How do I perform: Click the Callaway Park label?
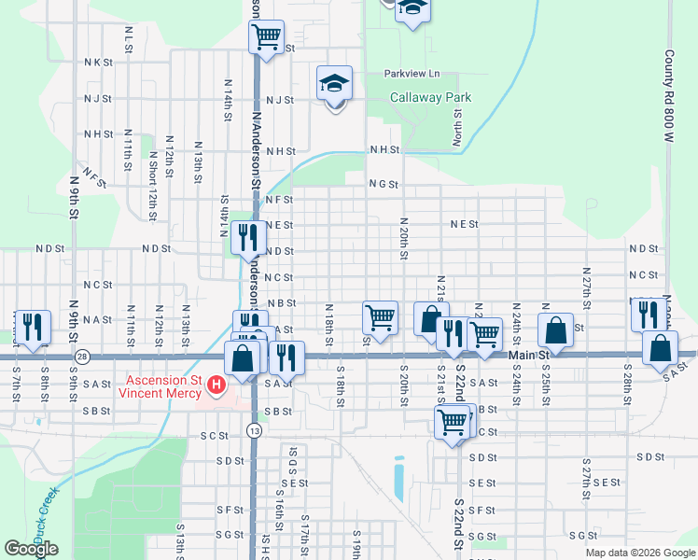click(x=430, y=97)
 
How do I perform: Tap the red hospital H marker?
click(x=216, y=385)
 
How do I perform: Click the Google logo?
click(x=31, y=549)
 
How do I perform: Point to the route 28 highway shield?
click(x=83, y=357)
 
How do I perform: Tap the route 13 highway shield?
click(x=254, y=429)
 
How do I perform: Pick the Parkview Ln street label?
click(x=411, y=74)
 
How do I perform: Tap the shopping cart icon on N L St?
click(x=266, y=37)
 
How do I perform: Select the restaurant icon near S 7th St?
click(x=33, y=327)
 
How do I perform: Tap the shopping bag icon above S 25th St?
click(x=556, y=330)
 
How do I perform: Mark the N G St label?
click(x=383, y=185)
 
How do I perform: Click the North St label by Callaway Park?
click(x=457, y=127)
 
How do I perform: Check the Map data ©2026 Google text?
click(x=640, y=553)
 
